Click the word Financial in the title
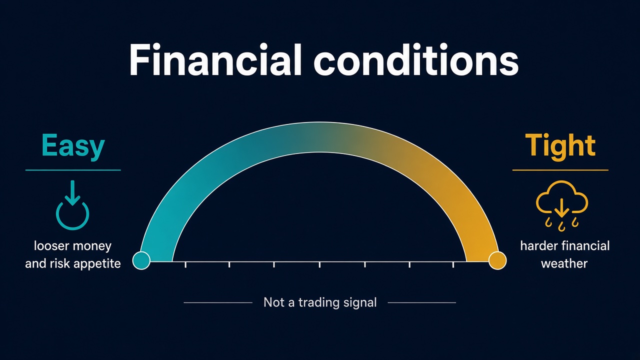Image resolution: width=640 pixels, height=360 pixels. (x=215, y=60)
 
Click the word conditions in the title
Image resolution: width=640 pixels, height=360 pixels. (x=416, y=60)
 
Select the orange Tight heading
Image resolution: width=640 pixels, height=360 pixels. (x=560, y=145)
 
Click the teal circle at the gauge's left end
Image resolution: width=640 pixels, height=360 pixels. (x=141, y=260)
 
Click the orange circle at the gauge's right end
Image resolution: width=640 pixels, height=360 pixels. (x=497, y=260)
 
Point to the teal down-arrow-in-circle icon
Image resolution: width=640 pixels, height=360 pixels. (x=72, y=204)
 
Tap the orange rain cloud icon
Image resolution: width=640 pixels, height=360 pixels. (x=561, y=205)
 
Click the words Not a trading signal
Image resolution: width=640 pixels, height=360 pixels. (x=320, y=302)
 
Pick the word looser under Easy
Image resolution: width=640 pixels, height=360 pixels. (x=51, y=245)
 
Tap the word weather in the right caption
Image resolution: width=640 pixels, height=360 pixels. (x=564, y=263)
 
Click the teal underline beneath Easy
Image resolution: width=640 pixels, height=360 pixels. (x=73, y=170)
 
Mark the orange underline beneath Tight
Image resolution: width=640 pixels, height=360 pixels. (x=560, y=170)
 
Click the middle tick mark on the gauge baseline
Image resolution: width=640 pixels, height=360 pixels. (x=319, y=264)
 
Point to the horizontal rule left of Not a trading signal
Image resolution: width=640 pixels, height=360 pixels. (x=218, y=302)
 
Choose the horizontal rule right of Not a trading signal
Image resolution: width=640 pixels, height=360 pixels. (x=421, y=302)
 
